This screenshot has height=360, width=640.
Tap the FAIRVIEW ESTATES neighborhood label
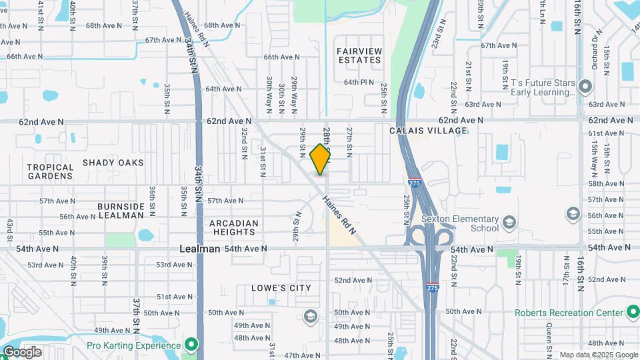pyautogui.click(x=359, y=55)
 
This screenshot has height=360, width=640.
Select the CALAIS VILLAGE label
pyautogui.click(x=428, y=131)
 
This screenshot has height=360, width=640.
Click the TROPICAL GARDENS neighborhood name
pyautogui.click(x=50, y=172)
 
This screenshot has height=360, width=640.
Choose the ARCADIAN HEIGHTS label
pyautogui.click(x=233, y=227)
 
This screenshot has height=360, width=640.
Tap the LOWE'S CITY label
pyautogui.click(x=281, y=288)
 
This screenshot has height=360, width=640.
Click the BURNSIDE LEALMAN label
pyautogui.click(x=121, y=211)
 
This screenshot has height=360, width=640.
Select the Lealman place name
pyautogui.click(x=200, y=249)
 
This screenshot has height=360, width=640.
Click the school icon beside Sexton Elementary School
pyautogui.click(x=509, y=221)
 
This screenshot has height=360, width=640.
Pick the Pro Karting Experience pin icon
pyautogui.click(x=191, y=345)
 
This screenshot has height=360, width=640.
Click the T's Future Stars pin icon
pyautogui.click(x=585, y=86)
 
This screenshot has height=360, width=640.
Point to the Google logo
pyautogui.click(x=21, y=352)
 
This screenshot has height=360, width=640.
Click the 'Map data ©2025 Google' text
pyautogui.click(x=598, y=355)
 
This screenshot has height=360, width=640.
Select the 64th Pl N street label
pyautogui.click(x=359, y=82)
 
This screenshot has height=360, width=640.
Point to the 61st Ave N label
pyautogui.click(x=605, y=133)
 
